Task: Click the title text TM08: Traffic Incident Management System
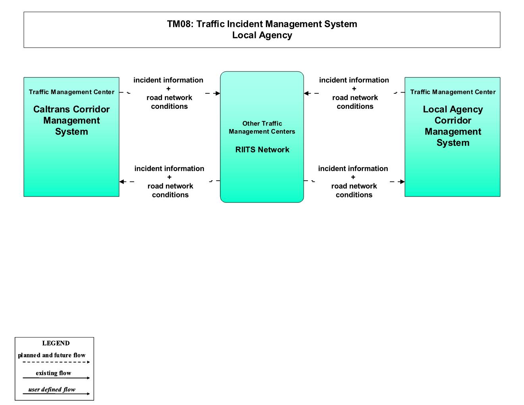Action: coord(262,24)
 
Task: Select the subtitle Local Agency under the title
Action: coord(262,35)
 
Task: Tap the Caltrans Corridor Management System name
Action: coord(71,120)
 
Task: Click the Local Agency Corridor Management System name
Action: coord(453,126)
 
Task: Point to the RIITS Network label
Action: coord(262,150)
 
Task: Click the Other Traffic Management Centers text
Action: coord(262,127)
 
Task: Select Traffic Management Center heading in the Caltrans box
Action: coord(71,92)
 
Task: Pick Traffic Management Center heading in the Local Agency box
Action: coord(453,92)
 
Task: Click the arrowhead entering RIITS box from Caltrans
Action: coord(218,93)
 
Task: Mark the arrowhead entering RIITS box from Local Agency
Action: coord(306,93)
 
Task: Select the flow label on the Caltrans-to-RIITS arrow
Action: coord(169,93)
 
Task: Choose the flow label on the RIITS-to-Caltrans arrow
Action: coord(170,181)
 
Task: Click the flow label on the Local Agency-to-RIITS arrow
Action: coord(354,93)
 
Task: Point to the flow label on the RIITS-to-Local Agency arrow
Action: coord(353,181)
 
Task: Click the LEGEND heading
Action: coord(56,343)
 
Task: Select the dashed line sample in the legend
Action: coord(56,362)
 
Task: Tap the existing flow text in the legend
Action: coord(53,373)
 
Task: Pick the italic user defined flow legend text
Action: coord(52,390)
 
